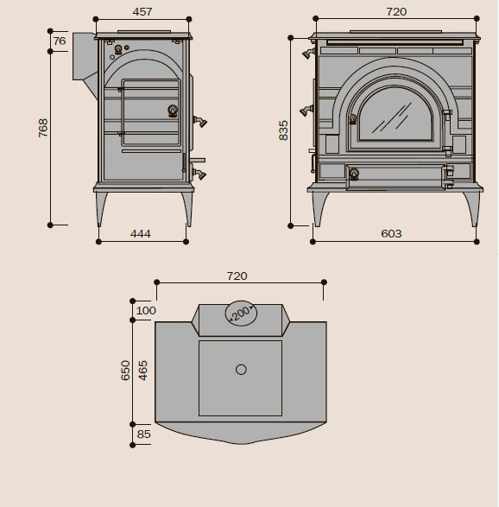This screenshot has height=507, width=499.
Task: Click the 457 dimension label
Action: (142, 12)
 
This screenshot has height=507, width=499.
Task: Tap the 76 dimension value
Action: (60, 41)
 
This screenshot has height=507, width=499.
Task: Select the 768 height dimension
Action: (42, 128)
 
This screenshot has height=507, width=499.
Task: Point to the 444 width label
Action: (141, 234)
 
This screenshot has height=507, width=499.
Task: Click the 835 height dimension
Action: (283, 130)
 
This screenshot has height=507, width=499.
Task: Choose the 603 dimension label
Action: (391, 234)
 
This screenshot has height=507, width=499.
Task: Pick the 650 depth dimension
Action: (125, 371)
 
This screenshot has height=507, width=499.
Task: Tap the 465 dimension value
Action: (142, 371)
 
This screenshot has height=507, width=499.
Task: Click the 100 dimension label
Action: (146, 311)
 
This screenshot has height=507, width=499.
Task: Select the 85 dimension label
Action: (144, 434)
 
